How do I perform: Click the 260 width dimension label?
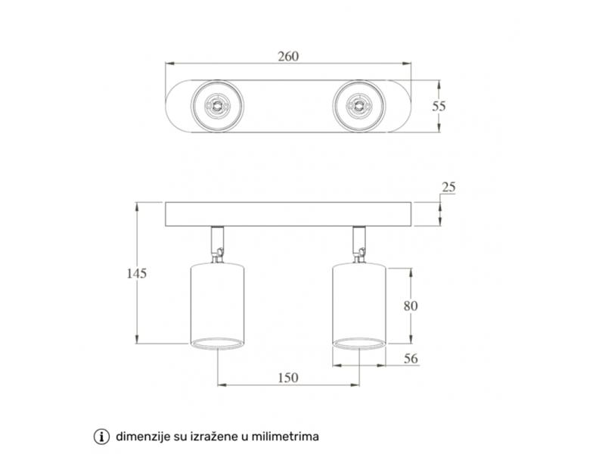[288, 57]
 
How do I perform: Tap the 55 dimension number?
[439, 107]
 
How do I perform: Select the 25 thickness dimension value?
[449, 188]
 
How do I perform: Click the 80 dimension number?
[411, 306]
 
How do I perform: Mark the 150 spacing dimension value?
[287, 378]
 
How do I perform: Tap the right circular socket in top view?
[358, 107]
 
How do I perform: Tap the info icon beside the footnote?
[101, 437]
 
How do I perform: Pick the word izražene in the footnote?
[207, 437]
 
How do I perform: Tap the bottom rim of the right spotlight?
[358, 344]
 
